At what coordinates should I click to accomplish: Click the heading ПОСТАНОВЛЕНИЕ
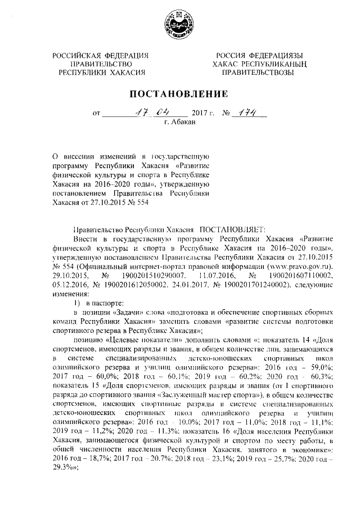click(x=179, y=94)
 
